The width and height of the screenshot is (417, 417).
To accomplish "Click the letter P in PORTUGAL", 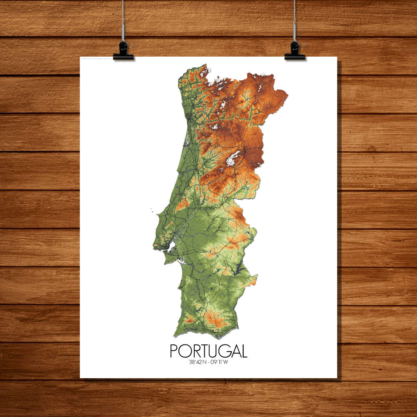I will [x=174, y=351].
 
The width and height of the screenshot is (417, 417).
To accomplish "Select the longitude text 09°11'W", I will [x=220, y=362].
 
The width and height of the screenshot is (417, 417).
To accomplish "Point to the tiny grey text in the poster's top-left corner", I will [x=100, y=59].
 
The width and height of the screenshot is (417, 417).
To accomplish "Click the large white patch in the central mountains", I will [x=233, y=158].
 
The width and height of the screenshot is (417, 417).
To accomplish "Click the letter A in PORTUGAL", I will [x=234, y=351].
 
